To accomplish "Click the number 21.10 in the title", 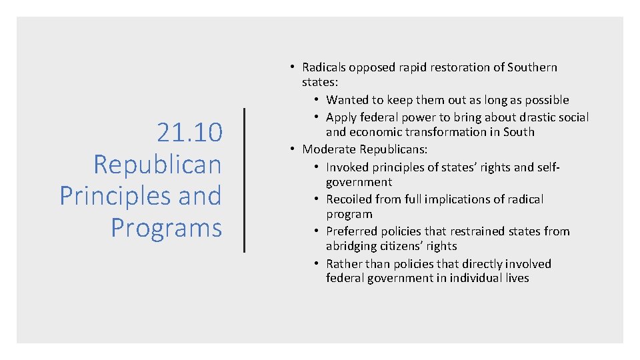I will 189,133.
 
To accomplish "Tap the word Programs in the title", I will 166,228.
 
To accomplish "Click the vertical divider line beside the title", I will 245,180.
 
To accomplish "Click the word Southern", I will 532,67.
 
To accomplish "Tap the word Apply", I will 341,117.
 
